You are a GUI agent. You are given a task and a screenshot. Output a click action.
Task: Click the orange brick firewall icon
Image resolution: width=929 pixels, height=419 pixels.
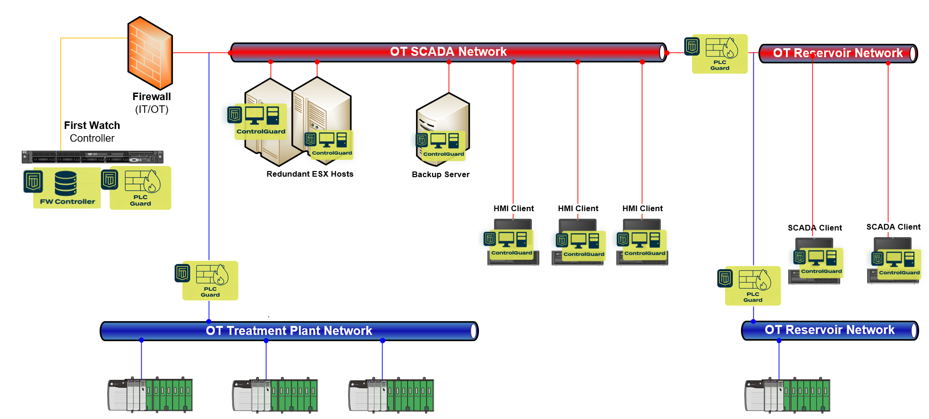pos(150,53)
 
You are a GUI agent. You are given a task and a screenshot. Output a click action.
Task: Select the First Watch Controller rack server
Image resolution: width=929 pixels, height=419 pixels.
pos(93,157)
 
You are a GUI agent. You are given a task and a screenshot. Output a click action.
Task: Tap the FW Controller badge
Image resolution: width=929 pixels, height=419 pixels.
pos(67,188)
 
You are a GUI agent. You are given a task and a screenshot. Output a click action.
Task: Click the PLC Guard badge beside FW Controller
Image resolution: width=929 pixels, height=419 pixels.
pos(140,188)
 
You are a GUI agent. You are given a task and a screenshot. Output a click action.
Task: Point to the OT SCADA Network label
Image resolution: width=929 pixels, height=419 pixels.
pos(448,51)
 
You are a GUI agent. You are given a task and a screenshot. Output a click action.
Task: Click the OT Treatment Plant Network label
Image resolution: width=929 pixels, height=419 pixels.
pos(289,331)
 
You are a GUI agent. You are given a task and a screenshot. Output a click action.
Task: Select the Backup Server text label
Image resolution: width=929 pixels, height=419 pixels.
pos(441,174)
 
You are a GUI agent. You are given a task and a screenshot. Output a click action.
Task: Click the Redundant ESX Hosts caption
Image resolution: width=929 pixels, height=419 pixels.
pos(310,174)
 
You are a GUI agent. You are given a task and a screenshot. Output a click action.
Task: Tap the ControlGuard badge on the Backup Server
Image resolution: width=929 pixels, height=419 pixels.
pos(443,145)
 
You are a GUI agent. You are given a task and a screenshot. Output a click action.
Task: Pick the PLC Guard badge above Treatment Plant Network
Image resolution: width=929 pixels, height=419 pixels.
pos(210,281)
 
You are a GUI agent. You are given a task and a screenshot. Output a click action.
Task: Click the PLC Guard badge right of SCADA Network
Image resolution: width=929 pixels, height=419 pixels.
pos(719,54)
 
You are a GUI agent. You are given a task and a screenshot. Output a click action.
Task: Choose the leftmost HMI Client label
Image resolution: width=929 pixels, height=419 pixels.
pos(513,208)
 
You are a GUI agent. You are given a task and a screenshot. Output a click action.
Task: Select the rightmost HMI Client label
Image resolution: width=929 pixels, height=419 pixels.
pos(642,208)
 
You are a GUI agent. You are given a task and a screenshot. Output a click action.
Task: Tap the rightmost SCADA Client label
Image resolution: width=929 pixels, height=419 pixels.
pos(893,227)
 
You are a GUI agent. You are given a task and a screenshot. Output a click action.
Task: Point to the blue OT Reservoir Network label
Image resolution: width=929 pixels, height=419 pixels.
pos(829,330)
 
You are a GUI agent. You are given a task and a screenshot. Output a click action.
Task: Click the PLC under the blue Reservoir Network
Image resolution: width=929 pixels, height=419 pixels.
pos(787,395)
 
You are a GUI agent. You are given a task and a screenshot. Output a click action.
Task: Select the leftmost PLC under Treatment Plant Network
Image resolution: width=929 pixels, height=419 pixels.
pos(150,395)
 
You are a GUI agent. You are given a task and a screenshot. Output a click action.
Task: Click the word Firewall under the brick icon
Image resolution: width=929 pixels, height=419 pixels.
pos(152,96)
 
